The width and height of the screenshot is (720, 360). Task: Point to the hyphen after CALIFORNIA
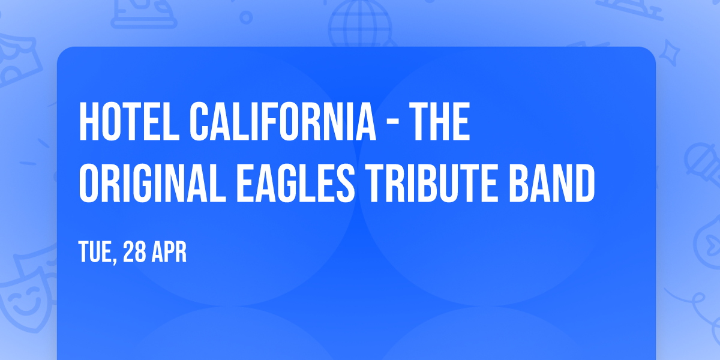(395, 123)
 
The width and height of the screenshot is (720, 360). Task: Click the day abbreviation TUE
(95, 252)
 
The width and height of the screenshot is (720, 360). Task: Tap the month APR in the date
(169, 252)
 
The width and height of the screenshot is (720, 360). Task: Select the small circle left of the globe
(245, 18)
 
